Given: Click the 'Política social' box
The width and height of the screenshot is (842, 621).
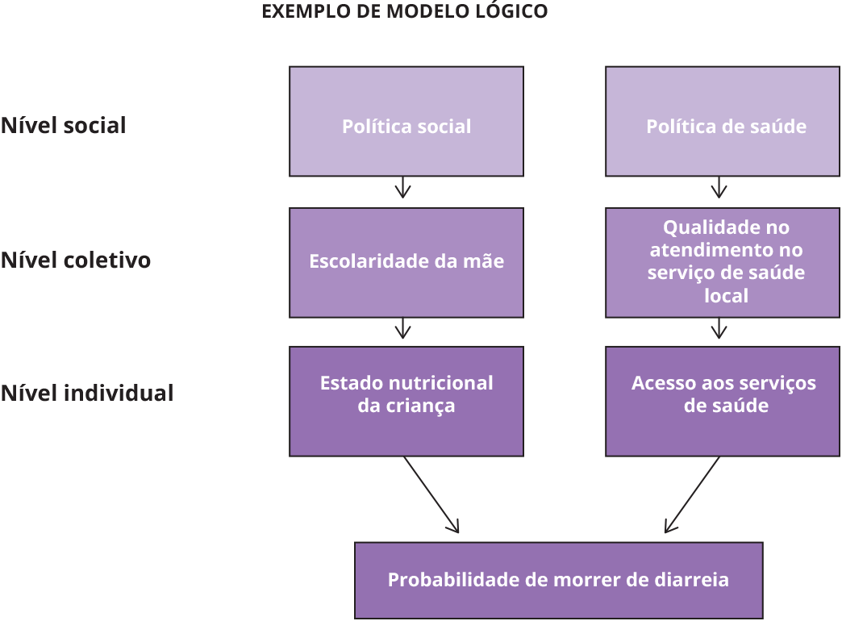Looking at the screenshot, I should tap(406, 122).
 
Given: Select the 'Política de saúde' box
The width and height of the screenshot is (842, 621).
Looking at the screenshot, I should tap(726, 122).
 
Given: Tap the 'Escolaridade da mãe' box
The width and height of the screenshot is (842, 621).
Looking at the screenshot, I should tap(406, 262).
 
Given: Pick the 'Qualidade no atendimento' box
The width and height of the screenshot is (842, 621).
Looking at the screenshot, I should tap(726, 262).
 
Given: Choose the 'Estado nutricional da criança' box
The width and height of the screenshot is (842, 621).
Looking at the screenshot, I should tap(406, 401).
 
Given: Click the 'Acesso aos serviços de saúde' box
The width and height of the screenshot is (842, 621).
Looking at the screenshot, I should tap(726, 401).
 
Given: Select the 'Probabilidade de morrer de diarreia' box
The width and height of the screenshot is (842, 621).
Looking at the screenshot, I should tap(558, 581).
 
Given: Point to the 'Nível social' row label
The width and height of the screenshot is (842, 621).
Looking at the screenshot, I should tap(64, 126).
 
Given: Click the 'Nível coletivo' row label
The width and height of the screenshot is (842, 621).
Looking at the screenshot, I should tap(76, 260).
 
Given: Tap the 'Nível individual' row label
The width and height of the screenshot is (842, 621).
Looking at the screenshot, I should tap(87, 394).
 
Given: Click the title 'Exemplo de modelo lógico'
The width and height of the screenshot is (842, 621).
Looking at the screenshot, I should tap(405, 11).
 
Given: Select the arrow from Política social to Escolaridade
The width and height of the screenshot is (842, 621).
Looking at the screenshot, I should tap(403, 189).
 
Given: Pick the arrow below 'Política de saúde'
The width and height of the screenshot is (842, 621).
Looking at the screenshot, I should tap(719, 189).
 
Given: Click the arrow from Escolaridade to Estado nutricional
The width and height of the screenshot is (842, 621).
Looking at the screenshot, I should tap(403, 329).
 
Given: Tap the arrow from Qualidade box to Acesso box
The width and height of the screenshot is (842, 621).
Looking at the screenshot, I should tap(719, 329).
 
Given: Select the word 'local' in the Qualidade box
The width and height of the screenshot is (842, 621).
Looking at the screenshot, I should tap(726, 296).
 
